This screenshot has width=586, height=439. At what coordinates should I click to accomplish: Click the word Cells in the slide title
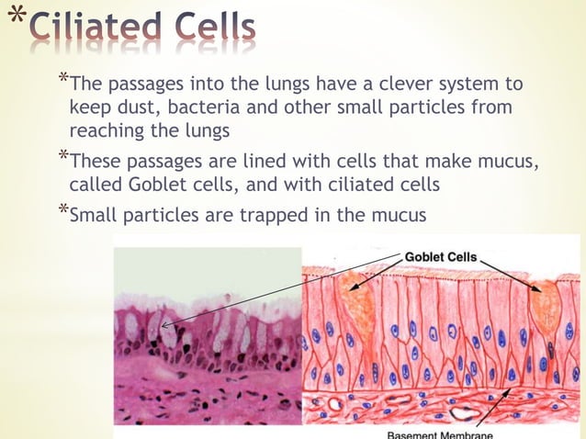point(216,30)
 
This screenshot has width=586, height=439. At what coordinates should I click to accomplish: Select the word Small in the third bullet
point(97,217)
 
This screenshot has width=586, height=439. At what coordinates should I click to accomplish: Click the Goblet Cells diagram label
point(441,257)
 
